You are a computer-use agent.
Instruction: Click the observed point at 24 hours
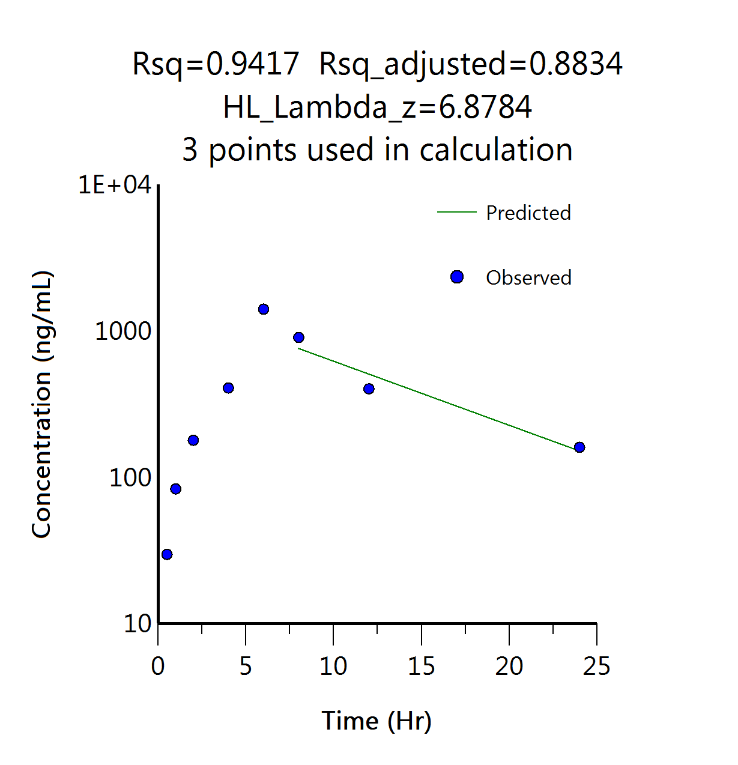pyautogui.click(x=579, y=447)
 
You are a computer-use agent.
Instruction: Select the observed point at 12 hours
pyautogui.click(x=369, y=389)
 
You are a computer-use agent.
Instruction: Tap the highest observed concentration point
pyautogui.click(x=263, y=309)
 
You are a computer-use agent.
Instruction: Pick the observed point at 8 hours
pyautogui.click(x=298, y=337)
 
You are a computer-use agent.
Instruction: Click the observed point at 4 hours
pyautogui.click(x=228, y=388)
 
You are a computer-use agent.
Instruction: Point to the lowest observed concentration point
pyautogui.click(x=167, y=554)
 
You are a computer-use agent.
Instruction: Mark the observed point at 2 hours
pyautogui.click(x=193, y=440)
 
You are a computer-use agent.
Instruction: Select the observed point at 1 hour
pyautogui.click(x=175, y=489)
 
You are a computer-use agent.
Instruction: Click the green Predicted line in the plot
pyautogui.click(x=438, y=399)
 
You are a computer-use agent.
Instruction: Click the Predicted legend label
pyautogui.click(x=528, y=213)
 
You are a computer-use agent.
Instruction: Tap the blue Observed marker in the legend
pyautogui.click(x=457, y=277)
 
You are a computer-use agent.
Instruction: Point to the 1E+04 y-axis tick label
pyautogui.click(x=115, y=185)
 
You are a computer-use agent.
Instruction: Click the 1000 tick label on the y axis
pyautogui.click(x=123, y=331)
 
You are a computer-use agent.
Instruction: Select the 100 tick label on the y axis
pyautogui.click(x=130, y=478)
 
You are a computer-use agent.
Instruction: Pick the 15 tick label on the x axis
pyautogui.click(x=421, y=667)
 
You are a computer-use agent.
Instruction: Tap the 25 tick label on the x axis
pyautogui.click(x=596, y=667)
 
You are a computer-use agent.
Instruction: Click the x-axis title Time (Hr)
pyautogui.click(x=377, y=721)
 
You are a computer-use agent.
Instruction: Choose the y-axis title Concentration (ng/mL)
pyautogui.click(x=42, y=405)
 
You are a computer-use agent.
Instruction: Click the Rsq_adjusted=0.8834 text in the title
pyautogui.click(x=470, y=64)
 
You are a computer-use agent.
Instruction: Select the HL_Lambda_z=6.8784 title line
pyautogui.click(x=377, y=107)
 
